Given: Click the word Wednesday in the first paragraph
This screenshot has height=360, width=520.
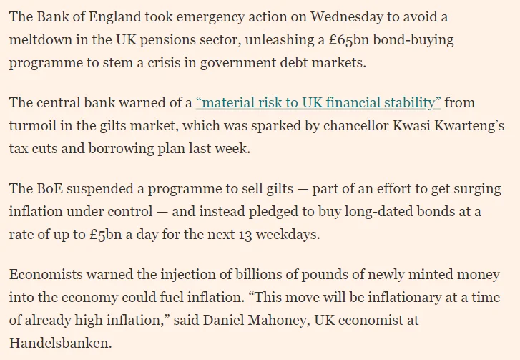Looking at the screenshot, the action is coord(347,16).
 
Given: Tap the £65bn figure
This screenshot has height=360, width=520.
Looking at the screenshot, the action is coord(349,39).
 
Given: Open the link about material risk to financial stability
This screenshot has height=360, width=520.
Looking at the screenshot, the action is coord(318,102).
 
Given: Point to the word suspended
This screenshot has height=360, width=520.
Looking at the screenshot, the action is coord(100,189).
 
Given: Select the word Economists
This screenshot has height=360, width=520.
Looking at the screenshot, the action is coord(46,274).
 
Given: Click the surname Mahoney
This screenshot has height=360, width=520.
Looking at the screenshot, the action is coord(278,321).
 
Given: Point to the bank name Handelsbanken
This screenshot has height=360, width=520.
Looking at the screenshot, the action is coord(60,343).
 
